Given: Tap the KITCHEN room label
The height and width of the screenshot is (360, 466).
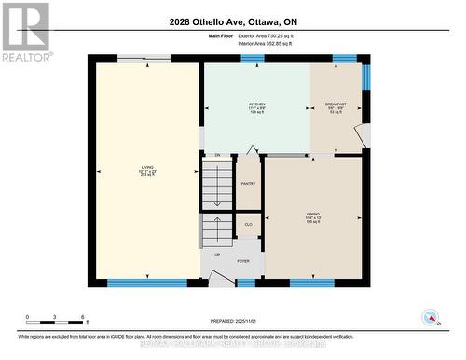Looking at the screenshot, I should click(x=256, y=104).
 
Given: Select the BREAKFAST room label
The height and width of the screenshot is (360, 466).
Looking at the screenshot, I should click(x=336, y=104).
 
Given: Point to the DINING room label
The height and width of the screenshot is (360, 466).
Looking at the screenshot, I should click(x=313, y=215).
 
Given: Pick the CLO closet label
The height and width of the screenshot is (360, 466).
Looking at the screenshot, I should click(x=249, y=225).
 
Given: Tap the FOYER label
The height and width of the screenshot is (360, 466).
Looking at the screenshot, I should click(x=245, y=262).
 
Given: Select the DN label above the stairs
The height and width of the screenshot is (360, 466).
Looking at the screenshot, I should click(x=217, y=155).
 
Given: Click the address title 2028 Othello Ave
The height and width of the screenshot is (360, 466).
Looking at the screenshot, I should click(x=232, y=21).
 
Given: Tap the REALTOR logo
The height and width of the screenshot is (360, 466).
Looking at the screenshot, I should click(x=25, y=32).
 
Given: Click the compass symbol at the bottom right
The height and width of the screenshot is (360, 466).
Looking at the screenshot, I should click(x=430, y=316).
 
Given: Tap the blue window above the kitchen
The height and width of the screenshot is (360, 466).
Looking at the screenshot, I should click(x=253, y=59).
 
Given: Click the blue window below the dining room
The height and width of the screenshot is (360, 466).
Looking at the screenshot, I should click(x=312, y=283).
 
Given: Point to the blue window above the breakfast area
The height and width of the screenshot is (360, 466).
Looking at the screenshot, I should click(x=345, y=59).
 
